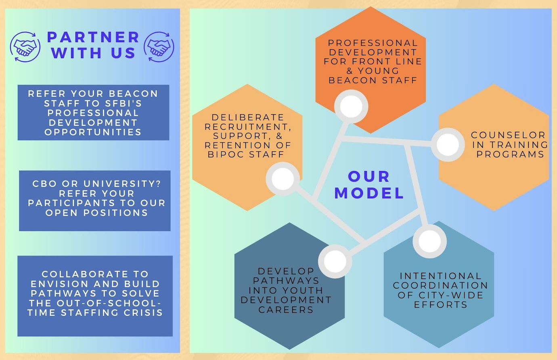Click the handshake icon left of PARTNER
(25, 47)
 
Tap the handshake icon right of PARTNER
(159, 47)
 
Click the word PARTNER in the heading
(93, 37)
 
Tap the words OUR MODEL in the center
(369, 185)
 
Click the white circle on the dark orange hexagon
(351, 107)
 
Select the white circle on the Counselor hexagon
(448, 144)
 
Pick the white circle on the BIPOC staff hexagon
(283, 179)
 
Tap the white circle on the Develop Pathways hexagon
(335, 261)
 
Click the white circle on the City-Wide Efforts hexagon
(429, 241)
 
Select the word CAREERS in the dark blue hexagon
(286, 310)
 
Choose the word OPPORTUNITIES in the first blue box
(93, 132)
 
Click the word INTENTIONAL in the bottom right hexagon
(441, 276)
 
